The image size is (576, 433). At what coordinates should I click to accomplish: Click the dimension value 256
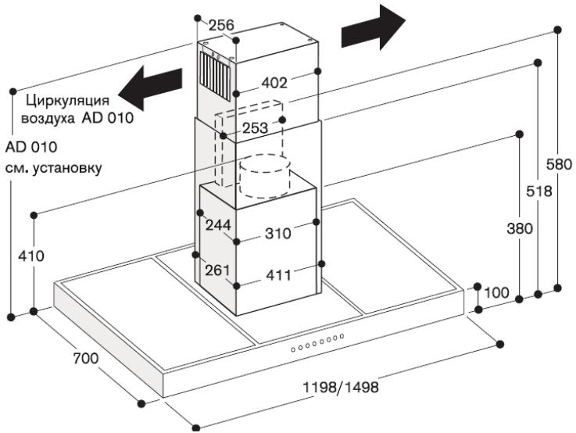(x=221, y=26)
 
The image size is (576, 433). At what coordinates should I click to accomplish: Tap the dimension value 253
(x=255, y=127)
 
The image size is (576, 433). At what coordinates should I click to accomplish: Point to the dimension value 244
(x=218, y=225)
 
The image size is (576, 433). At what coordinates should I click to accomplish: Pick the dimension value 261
(x=218, y=270)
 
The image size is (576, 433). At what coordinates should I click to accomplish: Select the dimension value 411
(x=277, y=275)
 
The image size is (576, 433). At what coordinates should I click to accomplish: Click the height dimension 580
(x=559, y=166)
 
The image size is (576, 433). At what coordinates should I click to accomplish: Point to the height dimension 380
(x=519, y=229)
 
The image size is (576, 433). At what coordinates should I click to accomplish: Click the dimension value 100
(x=497, y=293)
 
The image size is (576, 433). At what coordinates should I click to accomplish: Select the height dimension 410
(x=32, y=256)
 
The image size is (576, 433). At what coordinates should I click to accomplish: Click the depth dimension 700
(x=84, y=359)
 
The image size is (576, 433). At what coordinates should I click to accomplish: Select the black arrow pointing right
(x=374, y=29)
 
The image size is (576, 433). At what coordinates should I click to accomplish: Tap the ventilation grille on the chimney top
(x=215, y=70)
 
